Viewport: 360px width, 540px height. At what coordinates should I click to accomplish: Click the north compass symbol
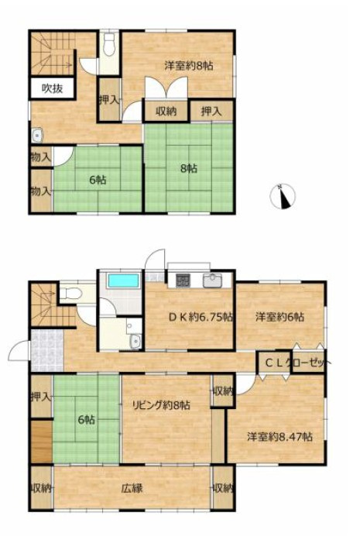point(283,197)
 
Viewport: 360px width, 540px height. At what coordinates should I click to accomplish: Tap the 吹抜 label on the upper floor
point(53,88)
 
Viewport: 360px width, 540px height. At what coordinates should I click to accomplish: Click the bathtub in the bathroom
point(124,280)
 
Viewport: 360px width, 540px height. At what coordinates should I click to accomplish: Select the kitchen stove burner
point(183,280)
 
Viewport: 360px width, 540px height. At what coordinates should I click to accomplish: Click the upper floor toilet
point(109,45)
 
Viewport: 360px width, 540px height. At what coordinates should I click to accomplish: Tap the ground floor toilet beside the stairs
point(71,294)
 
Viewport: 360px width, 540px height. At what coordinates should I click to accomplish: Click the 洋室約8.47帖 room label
point(279,437)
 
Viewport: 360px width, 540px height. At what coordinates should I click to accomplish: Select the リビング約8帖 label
point(161,405)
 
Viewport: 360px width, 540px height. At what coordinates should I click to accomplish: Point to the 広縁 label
point(132,488)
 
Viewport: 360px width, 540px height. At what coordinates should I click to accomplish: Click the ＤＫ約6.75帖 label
point(201,317)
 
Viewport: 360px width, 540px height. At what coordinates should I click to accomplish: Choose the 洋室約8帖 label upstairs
point(189,65)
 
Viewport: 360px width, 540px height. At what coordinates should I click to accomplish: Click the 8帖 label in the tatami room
point(190,168)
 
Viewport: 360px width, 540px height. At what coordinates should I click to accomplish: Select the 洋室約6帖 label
point(279,317)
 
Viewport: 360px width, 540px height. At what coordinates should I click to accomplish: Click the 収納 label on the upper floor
point(166,112)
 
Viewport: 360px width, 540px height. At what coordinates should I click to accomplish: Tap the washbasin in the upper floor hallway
point(37,136)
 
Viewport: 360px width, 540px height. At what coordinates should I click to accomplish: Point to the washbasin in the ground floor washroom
point(136,342)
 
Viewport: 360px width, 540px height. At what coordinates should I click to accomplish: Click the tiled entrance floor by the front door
point(47,351)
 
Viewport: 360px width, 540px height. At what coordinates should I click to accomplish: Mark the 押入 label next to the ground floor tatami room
point(41,397)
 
